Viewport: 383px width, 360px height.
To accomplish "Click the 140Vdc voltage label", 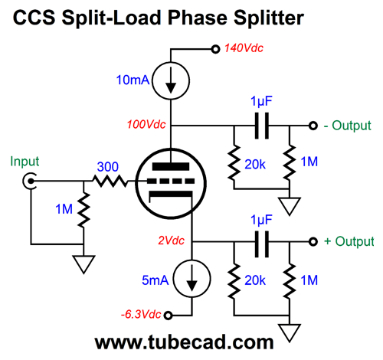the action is point(244,48).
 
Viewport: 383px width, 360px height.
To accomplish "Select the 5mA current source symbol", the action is point(191,279).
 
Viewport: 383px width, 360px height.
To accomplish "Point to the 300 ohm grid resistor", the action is point(110,181).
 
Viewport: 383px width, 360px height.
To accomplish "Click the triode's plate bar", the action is point(171,167).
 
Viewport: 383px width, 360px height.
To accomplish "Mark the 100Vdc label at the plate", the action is point(146,125).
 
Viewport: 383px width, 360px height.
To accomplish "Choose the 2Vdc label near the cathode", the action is point(171,241).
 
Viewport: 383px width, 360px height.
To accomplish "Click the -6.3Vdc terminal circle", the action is point(168,316).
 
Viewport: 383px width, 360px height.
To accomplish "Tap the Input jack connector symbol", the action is point(29,181).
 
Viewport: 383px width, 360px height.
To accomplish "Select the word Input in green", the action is point(25,162).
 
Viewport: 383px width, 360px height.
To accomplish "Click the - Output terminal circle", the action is point(313,126).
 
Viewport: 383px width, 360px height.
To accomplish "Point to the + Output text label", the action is point(349,241).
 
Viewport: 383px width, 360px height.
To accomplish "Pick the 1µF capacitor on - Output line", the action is point(262,126).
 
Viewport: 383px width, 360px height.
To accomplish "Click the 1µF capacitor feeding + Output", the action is point(262,244).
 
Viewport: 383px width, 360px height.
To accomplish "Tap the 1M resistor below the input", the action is point(83,210).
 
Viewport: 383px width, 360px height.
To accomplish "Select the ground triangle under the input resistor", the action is point(83,264).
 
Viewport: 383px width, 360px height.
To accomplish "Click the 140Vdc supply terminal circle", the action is point(216,49).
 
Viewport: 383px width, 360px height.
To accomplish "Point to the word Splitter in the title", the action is point(269,18).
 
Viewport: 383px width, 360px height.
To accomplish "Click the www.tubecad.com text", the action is point(184,342).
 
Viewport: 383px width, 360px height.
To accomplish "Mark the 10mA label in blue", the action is point(133,80).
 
